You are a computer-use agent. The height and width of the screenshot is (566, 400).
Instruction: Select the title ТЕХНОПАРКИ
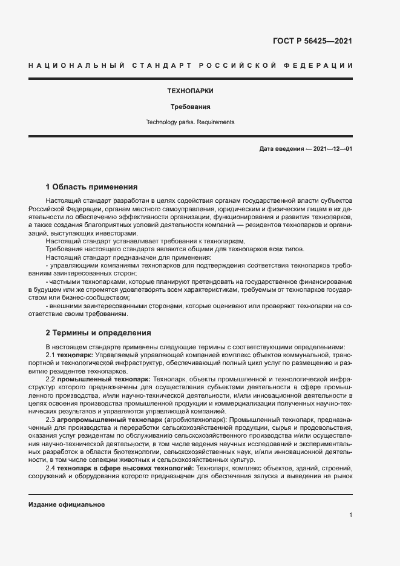[190, 91]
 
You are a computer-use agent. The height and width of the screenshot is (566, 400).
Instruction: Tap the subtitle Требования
[190, 107]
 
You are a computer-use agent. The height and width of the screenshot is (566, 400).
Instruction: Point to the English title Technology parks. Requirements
[190, 122]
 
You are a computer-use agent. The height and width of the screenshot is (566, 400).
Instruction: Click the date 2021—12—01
[333, 149]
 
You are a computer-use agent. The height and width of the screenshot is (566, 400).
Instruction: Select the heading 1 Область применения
[92, 186]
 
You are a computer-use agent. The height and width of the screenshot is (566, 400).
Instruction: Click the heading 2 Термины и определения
[99, 332]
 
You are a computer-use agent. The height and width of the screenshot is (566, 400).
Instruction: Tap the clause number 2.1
[51, 354]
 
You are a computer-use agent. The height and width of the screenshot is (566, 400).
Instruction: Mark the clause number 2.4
[51, 468]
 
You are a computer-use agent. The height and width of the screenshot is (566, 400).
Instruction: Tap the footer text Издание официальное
[67, 504]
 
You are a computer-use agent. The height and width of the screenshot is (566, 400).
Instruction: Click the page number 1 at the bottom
[350, 515]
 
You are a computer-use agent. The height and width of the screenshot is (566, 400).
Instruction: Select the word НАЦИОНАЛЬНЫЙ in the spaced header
[74, 65]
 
